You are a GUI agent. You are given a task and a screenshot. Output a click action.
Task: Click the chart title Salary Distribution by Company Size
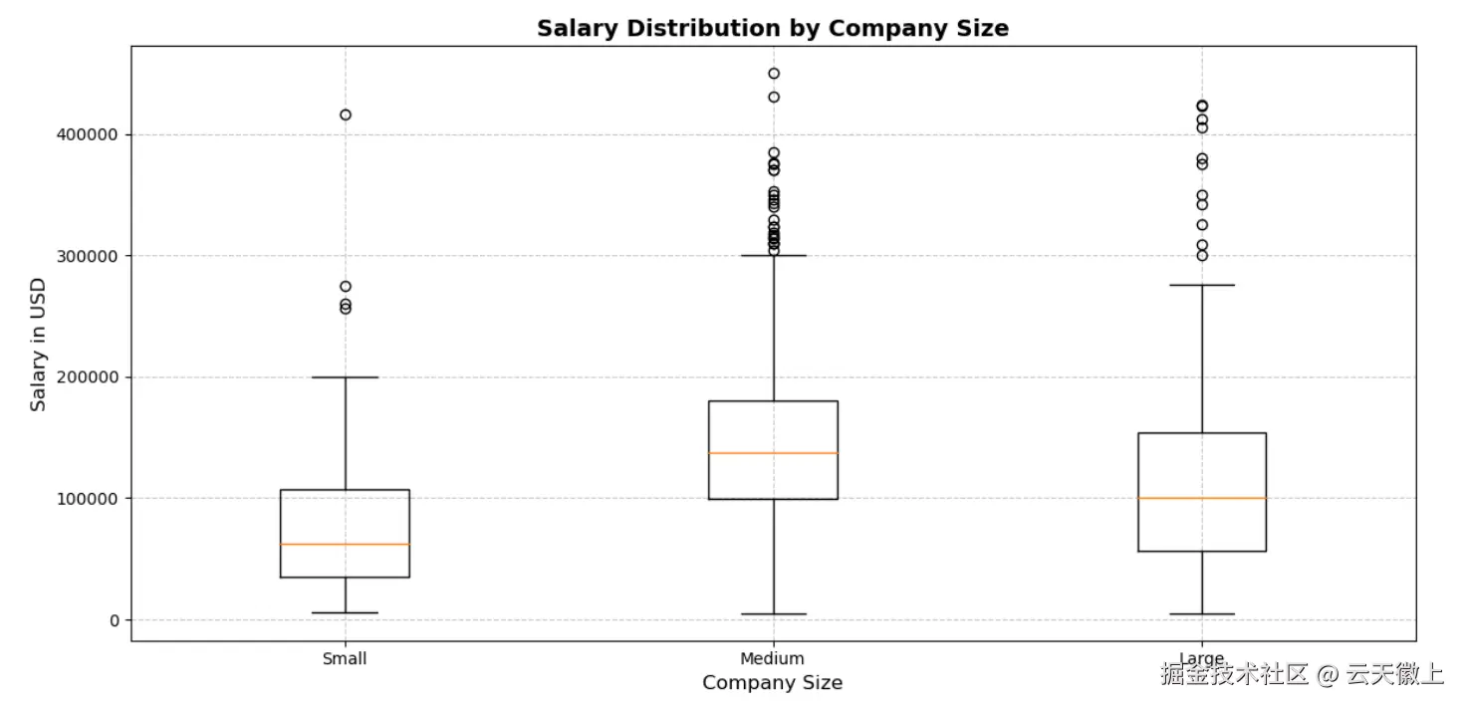click(772, 28)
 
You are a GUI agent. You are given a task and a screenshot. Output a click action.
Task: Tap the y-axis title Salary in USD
click(38, 344)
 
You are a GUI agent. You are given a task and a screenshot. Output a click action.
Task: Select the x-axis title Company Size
click(772, 683)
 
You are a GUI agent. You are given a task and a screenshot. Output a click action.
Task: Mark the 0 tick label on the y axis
click(114, 620)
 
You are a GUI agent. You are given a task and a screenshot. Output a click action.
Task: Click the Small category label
click(345, 659)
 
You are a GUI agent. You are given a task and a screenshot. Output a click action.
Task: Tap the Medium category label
click(772, 659)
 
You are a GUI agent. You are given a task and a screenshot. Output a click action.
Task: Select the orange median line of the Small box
click(345, 544)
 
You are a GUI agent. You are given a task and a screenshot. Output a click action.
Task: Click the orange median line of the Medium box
click(773, 453)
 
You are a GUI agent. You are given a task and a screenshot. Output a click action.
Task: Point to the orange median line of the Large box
click(1201, 498)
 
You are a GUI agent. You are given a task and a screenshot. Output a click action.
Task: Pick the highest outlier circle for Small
click(345, 115)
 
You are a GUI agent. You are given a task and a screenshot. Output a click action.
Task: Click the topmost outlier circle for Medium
click(773, 73)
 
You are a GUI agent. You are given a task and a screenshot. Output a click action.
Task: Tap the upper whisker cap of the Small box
click(345, 377)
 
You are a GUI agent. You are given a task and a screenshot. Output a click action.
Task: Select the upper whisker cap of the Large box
click(1201, 285)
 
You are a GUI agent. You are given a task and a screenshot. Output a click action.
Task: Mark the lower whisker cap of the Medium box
click(773, 614)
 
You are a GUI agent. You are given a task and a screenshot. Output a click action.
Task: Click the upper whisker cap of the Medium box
click(773, 256)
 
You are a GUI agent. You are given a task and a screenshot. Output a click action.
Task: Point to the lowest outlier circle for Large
click(1201, 256)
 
